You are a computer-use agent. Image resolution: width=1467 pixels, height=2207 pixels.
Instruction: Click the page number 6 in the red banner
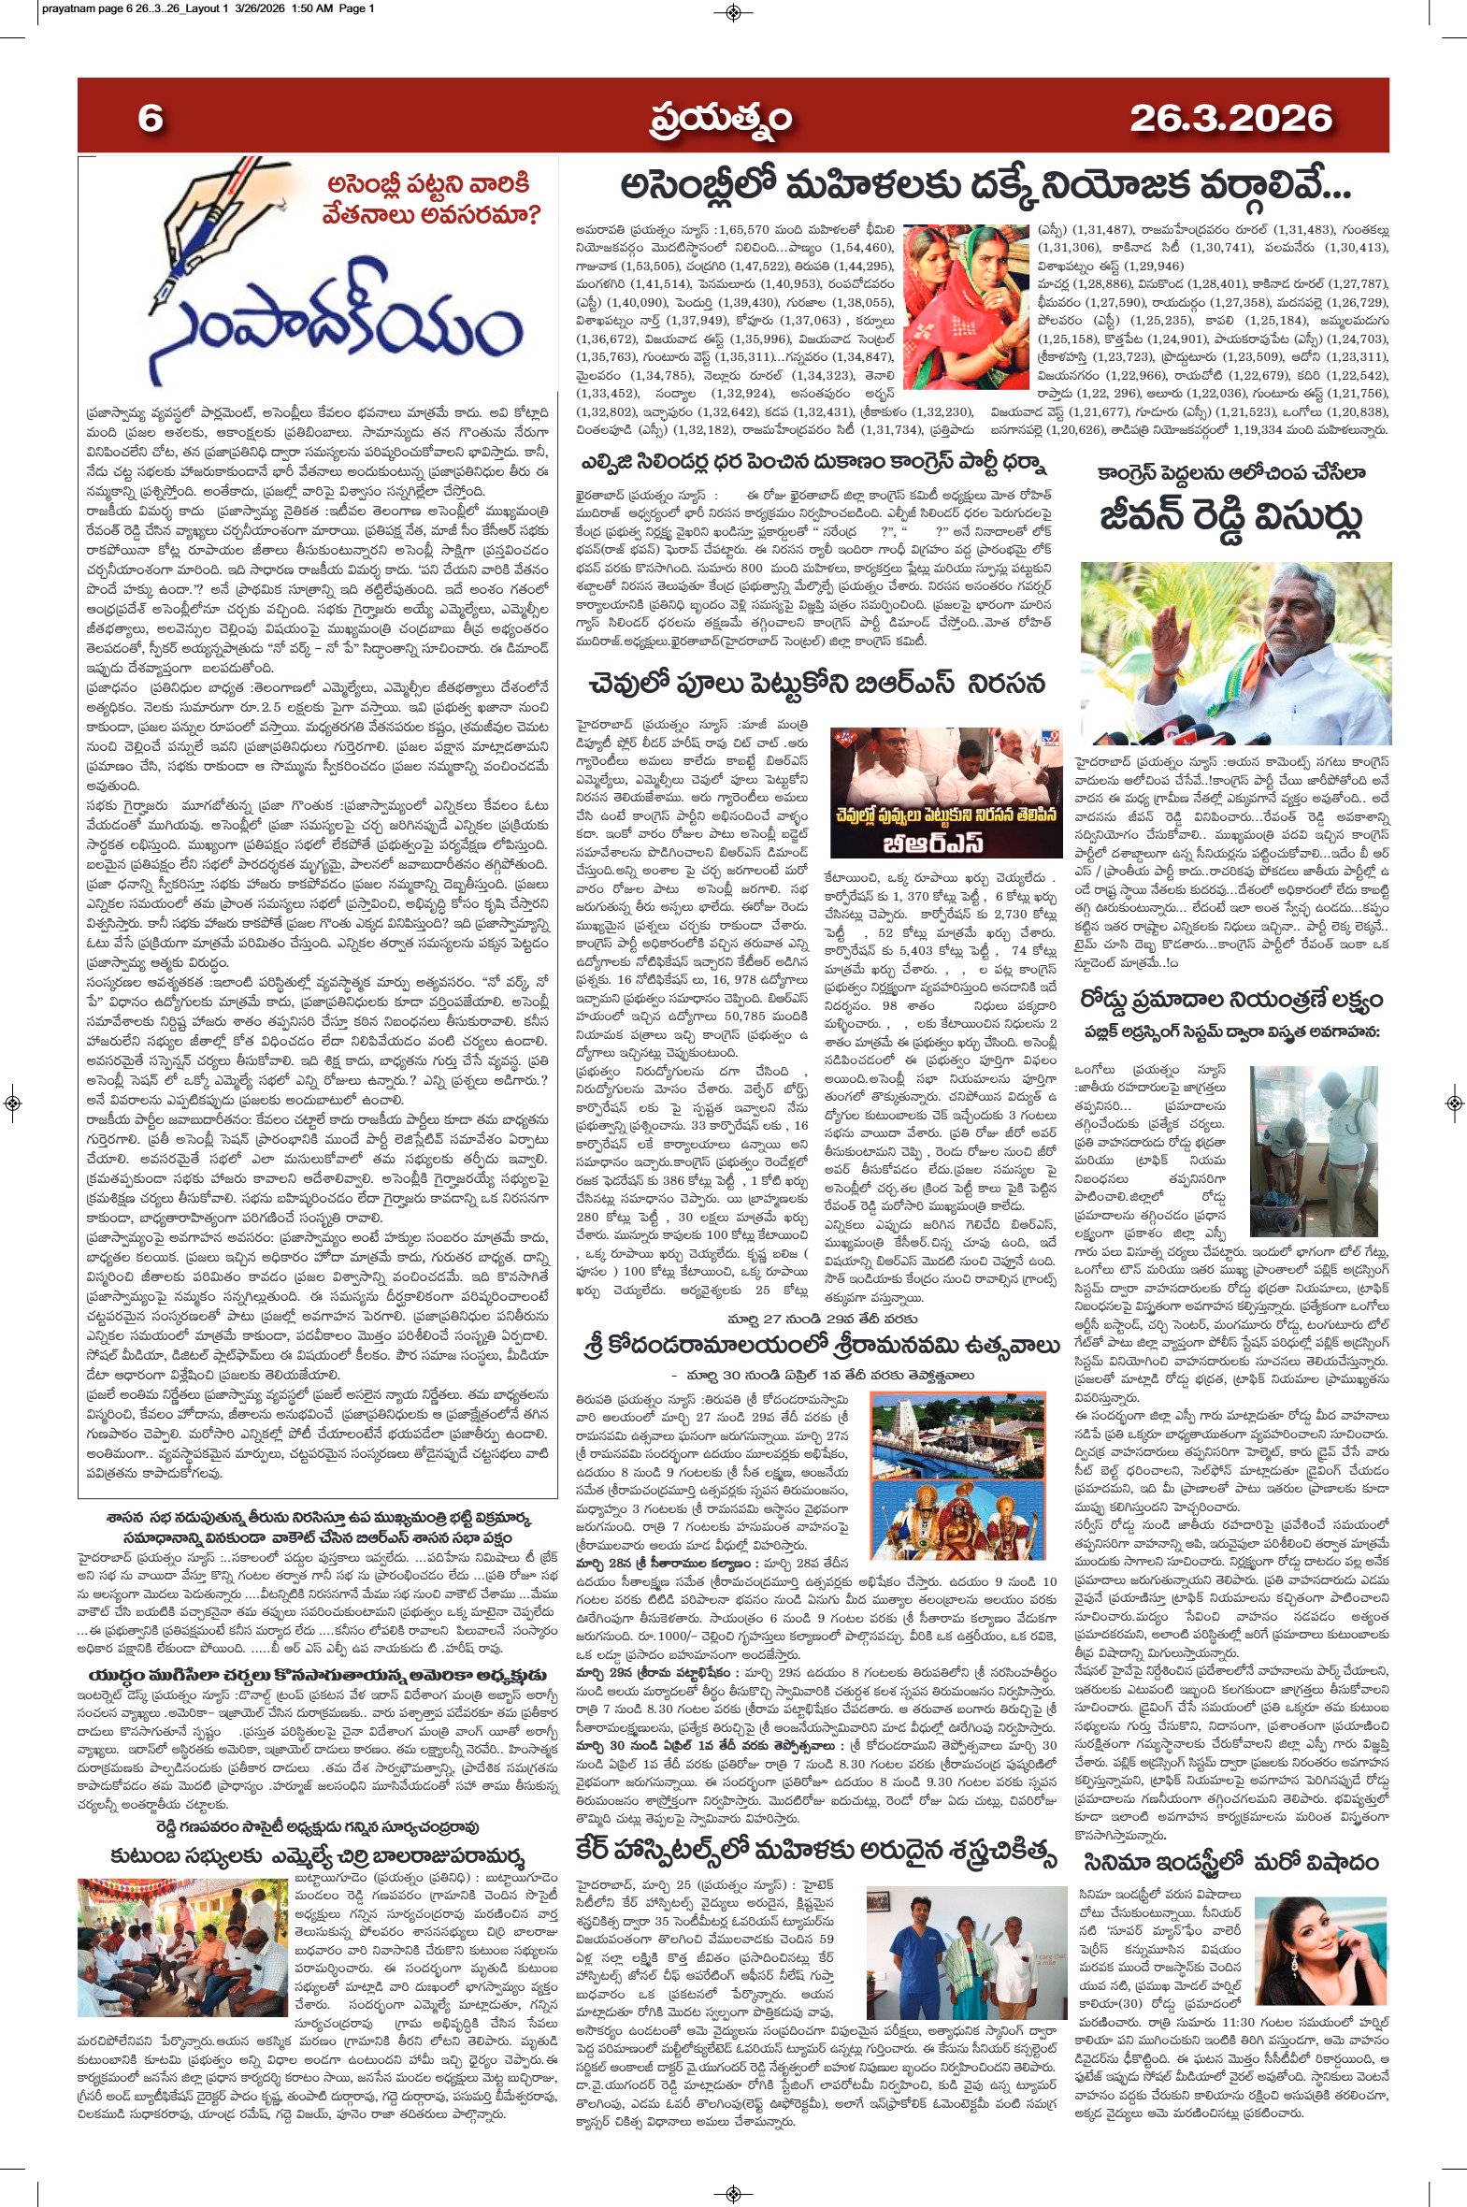coord(151,118)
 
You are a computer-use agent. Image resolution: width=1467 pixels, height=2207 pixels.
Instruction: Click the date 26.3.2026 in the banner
coord(1230,118)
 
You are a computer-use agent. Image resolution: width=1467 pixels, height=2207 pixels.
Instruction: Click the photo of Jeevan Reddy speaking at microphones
coord(1235,653)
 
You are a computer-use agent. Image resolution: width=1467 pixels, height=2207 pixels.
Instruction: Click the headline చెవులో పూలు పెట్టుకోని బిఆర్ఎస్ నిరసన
coord(817,684)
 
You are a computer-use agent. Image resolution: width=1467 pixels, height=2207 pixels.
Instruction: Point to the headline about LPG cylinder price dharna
coord(813,465)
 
